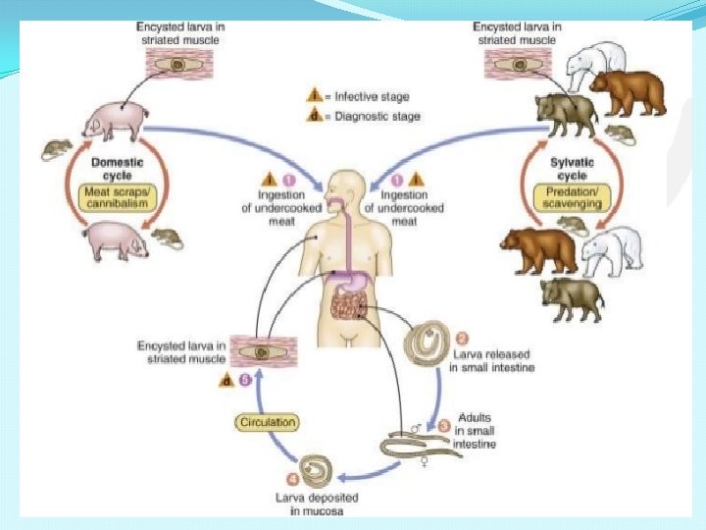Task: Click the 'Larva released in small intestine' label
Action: point(492,360)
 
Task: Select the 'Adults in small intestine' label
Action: point(475,431)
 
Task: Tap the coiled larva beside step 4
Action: point(317,470)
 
